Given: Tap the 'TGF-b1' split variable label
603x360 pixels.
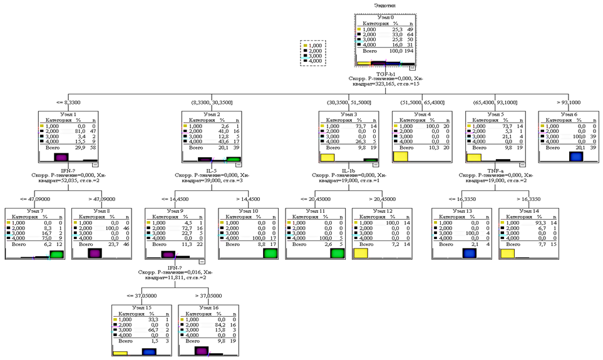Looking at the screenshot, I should (x=384, y=73).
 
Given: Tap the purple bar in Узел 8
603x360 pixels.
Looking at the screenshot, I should (x=95, y=253).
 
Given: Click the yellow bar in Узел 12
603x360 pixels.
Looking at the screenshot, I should (x=360, y=254).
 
